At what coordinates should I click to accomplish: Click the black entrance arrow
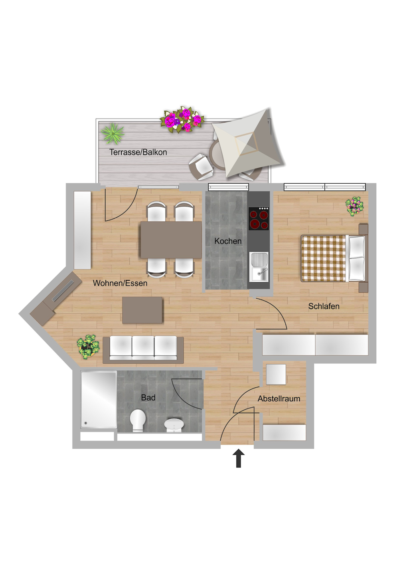[239, 458]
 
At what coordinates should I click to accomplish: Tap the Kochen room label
[228, 241]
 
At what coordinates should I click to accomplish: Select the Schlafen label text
[324, 306]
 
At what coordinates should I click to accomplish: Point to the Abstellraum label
[279, 398]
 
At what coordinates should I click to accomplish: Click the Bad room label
[148, 398]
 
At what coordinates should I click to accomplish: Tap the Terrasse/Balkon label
[138, 152]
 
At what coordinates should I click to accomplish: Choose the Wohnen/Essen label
[120, 283]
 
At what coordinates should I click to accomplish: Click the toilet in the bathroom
[138, 420]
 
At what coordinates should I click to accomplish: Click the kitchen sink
[259, 267]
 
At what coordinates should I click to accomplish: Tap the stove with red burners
[259, 219]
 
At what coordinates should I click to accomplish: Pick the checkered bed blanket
[323, 258]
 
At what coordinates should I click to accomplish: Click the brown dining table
[171, 240]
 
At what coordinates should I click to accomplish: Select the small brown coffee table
[142, 310]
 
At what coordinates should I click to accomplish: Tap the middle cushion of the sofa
[143, 347]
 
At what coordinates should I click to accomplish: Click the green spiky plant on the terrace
[113, 133]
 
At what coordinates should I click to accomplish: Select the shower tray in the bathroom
[99, 400]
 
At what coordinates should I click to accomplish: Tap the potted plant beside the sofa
[88, 346]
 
